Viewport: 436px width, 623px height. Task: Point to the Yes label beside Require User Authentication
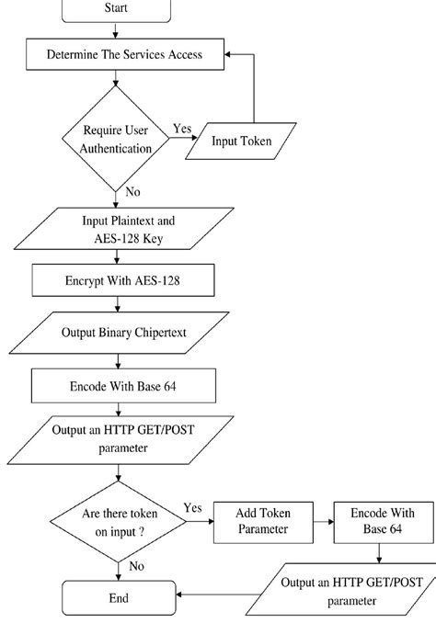point(182,129)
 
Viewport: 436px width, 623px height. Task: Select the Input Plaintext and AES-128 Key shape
point(123,230)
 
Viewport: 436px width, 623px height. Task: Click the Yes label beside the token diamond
point(193,508)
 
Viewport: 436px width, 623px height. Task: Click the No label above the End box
point(136,567)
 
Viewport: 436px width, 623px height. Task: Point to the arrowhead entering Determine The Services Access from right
point(233,55)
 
